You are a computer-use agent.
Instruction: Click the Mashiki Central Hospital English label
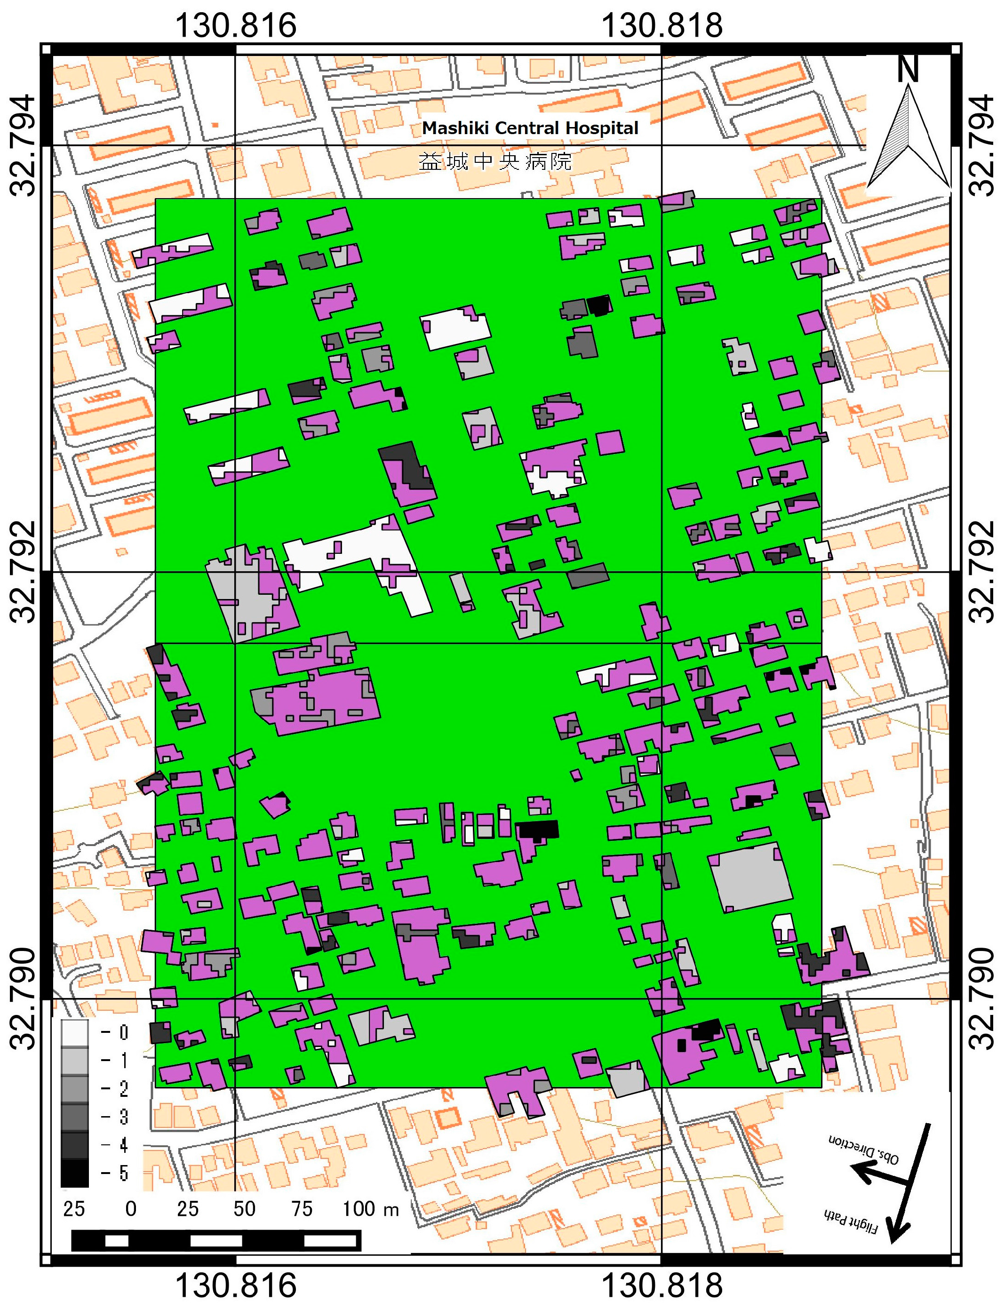(530, 128)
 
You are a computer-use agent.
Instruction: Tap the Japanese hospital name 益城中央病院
(495, 161)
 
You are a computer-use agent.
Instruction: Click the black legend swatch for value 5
(75, 1173)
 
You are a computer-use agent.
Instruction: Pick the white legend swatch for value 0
(75, 1032)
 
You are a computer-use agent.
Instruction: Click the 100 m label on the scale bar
(371, 1209)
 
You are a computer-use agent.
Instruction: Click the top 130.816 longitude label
(236, 26)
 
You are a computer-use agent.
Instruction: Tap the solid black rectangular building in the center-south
(538, 829)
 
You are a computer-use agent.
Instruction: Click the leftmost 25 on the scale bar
(74, 1209)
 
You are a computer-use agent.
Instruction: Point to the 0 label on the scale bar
(131, 1209)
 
